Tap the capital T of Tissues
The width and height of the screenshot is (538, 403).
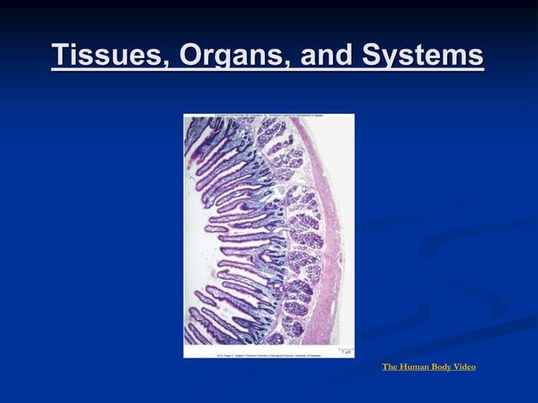60,56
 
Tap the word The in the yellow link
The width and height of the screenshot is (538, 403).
390,367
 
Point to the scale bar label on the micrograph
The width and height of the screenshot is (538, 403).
347,350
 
